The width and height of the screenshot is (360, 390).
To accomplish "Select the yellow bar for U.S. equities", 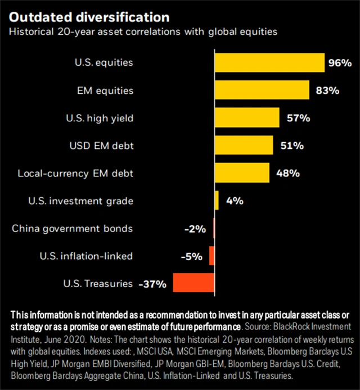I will tap(269, 63).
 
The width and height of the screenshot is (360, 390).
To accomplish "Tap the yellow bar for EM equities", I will tap(262, 90).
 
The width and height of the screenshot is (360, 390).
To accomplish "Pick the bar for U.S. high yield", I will tap(247, 117).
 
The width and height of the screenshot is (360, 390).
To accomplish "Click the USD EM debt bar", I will tap(244, 145).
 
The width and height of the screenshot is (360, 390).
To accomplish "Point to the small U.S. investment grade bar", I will tap(217, 200).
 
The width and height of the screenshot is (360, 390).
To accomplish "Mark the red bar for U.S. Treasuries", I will tap(193, 283).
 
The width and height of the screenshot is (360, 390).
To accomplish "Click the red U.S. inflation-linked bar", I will tap(211, 256).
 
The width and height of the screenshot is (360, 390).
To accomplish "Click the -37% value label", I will tap(152, 284).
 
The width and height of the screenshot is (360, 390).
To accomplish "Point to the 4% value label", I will tap(235, 201).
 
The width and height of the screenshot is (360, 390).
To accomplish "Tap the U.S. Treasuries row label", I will tap(98, 283).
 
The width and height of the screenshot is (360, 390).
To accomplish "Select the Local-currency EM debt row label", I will tap(76, 173).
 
